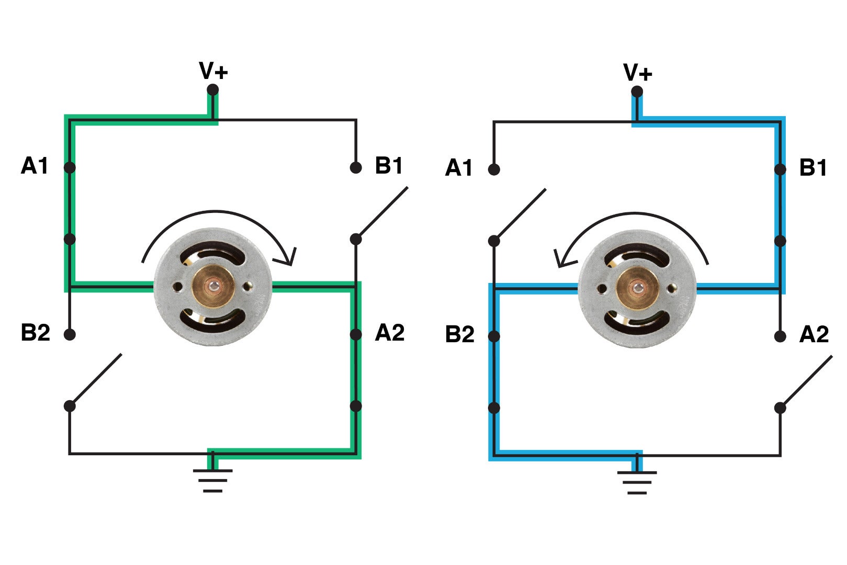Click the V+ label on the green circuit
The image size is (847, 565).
point(213,71)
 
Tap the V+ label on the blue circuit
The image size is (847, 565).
point(637,73)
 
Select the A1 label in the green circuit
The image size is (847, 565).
point(35,166)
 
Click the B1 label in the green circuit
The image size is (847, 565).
point(389,166)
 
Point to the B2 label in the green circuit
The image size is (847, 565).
point(35,333)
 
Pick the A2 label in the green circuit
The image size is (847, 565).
point(390,333)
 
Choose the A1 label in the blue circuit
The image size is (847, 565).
point(459,168)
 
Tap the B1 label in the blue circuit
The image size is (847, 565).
point(813,168)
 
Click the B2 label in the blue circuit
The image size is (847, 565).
point(459,335)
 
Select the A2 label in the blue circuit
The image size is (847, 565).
point(814,335)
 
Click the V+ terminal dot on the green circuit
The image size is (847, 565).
point(213,90)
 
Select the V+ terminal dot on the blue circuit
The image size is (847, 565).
point(637,92)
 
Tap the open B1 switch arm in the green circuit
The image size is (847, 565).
point(382,212)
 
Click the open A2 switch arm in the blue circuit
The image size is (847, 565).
point(806,381)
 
